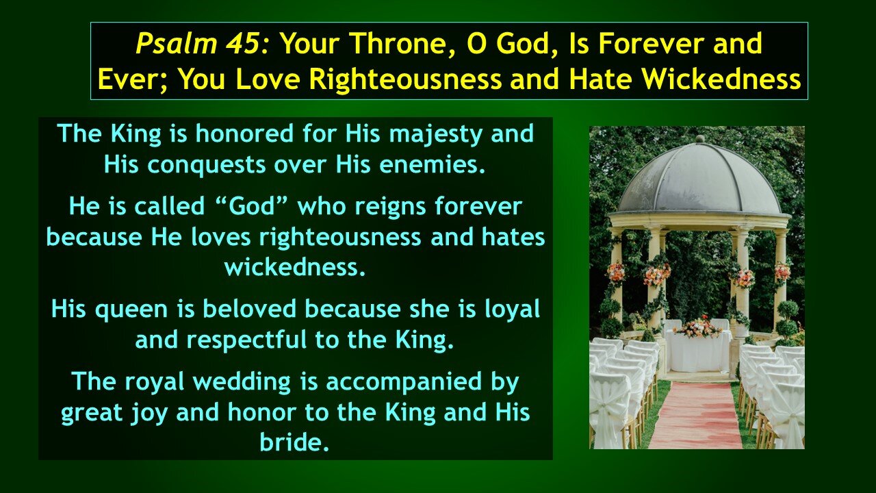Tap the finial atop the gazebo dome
tap(699, 140)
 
